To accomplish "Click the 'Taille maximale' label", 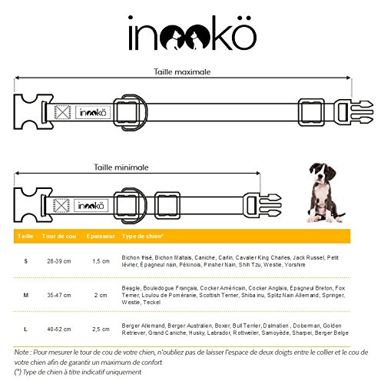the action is click(x=182, y=71).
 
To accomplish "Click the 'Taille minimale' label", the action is click(x=121, y=167).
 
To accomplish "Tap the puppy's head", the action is click(x=322, y=174).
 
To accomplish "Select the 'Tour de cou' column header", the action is click(x=59, y=236).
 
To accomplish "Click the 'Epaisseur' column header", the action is click(x=101, y=236).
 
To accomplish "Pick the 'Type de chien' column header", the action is click(x=142, y=236).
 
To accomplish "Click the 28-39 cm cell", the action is click(x=59, y=261).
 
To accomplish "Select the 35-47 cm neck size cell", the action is click(x=59, y=295).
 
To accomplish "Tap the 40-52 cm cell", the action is click(x=59, y=329).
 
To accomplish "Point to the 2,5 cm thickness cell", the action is click(x=101, y=329).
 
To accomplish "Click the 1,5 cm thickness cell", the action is click(x=101, y=261).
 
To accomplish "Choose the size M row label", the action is click(x=26, y=295).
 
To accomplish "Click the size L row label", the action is click(x=25, y=329).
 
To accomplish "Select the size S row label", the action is click(x=25, y=261).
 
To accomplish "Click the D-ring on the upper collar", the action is click(x=144, y=113).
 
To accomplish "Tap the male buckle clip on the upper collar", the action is click(x=355, y=112).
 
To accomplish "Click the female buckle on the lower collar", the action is click(x=33, y=205).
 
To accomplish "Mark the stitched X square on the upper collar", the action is click(x=62, y=112).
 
